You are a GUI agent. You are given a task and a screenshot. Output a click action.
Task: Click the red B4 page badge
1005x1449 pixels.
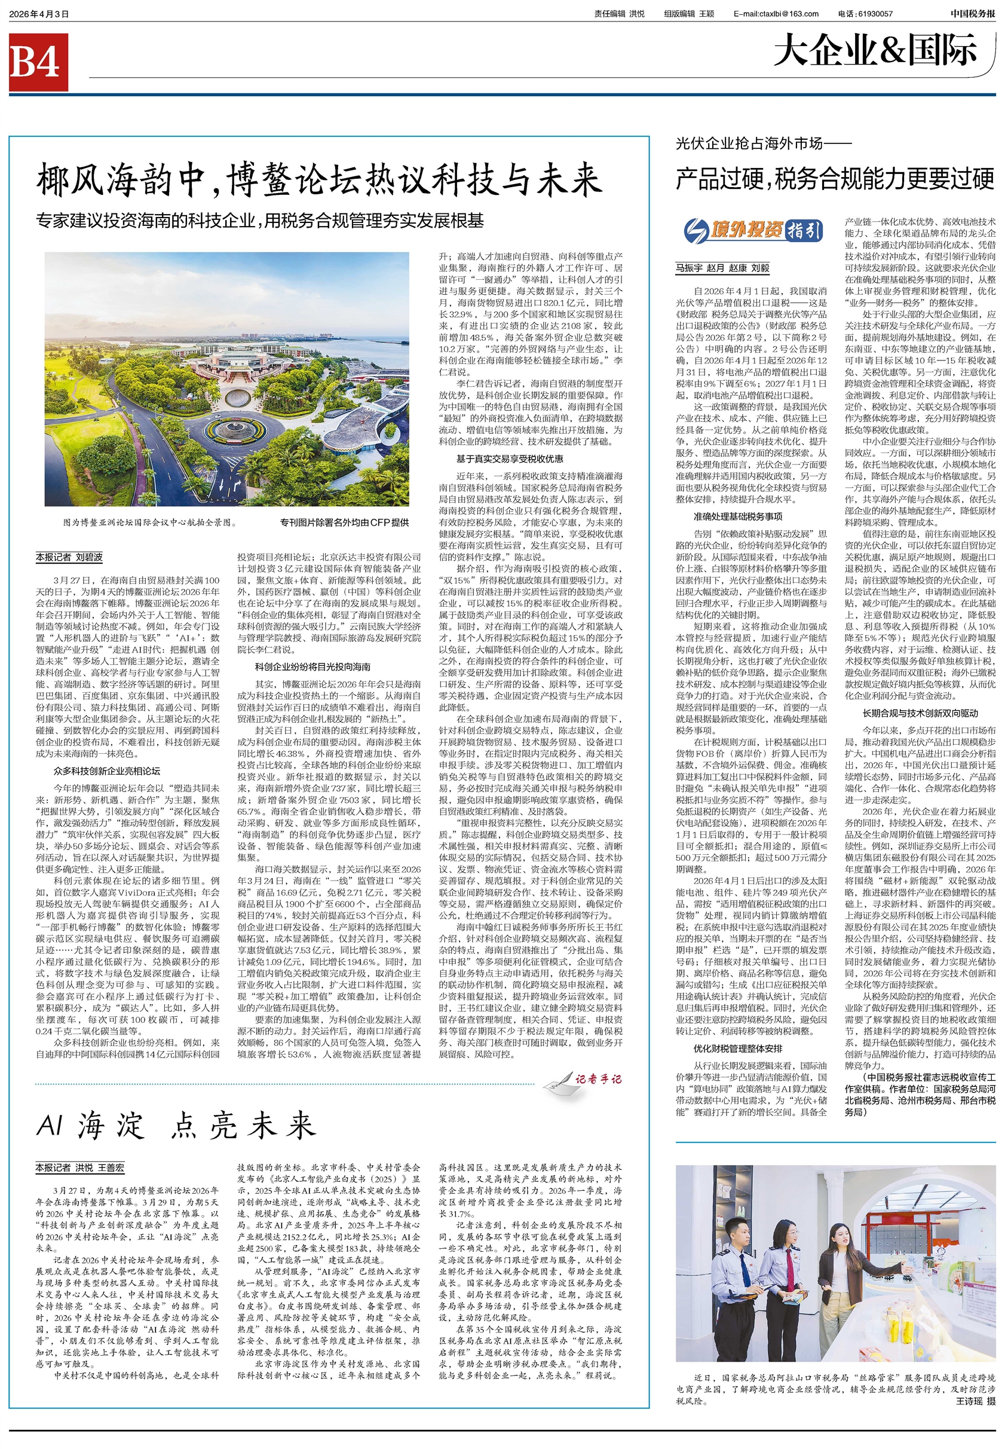(x=38, y=62)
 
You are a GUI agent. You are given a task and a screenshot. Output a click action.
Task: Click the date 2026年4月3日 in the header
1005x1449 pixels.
(x=38, y=14)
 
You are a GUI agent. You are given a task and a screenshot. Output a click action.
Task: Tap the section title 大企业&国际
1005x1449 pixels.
(x=875, y=51)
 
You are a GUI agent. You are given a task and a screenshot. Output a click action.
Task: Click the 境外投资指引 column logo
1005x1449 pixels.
(x=752, y=231)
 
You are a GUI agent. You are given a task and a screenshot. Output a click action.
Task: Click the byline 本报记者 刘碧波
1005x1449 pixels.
(x=69, y=557)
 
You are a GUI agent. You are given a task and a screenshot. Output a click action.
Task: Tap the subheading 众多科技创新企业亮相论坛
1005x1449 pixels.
(x=107, y=771)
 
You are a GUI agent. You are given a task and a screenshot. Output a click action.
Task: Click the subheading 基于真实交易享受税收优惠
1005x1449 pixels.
(x=510, y=458)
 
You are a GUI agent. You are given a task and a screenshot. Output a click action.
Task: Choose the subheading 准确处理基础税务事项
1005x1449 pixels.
(x=738, y=516)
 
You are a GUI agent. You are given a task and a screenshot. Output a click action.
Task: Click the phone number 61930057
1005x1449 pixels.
(x=874, y=14)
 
